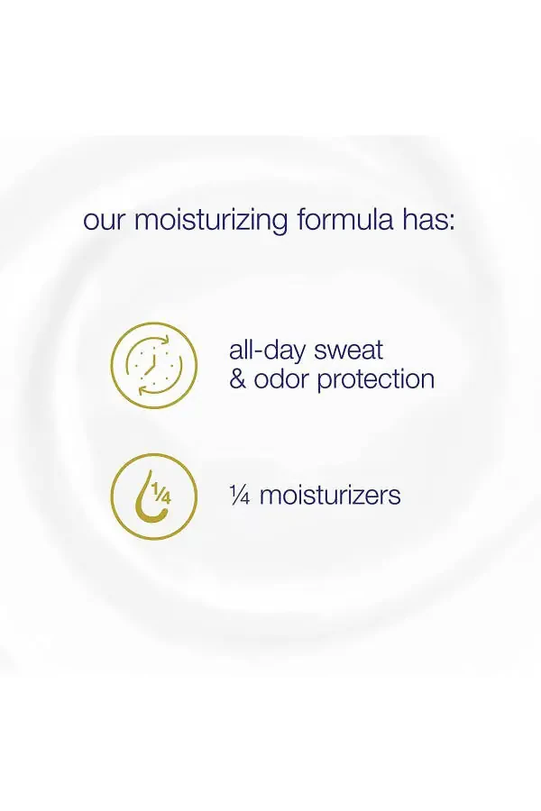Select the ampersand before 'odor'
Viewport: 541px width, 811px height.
[237, 378]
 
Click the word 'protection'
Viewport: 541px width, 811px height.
[379, 379]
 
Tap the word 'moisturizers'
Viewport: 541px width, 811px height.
[330, 495]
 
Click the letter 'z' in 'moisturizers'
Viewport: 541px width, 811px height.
[356, 496]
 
